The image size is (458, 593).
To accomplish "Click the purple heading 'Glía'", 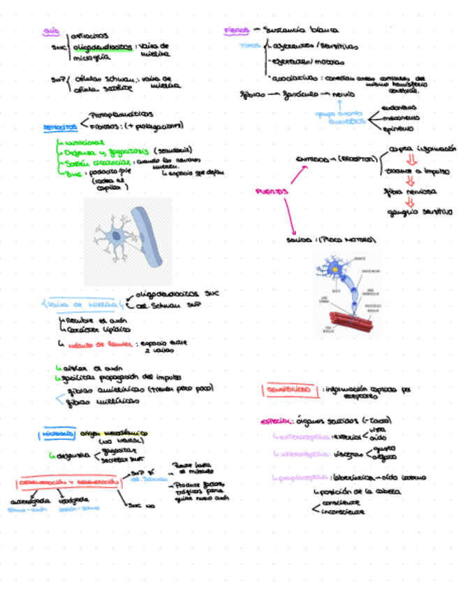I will point(51,31).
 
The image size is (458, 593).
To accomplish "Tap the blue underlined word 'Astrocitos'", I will point(60,127).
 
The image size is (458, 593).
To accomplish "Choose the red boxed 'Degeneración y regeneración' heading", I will point(68,483).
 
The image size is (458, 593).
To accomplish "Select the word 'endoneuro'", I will point(400,108).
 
